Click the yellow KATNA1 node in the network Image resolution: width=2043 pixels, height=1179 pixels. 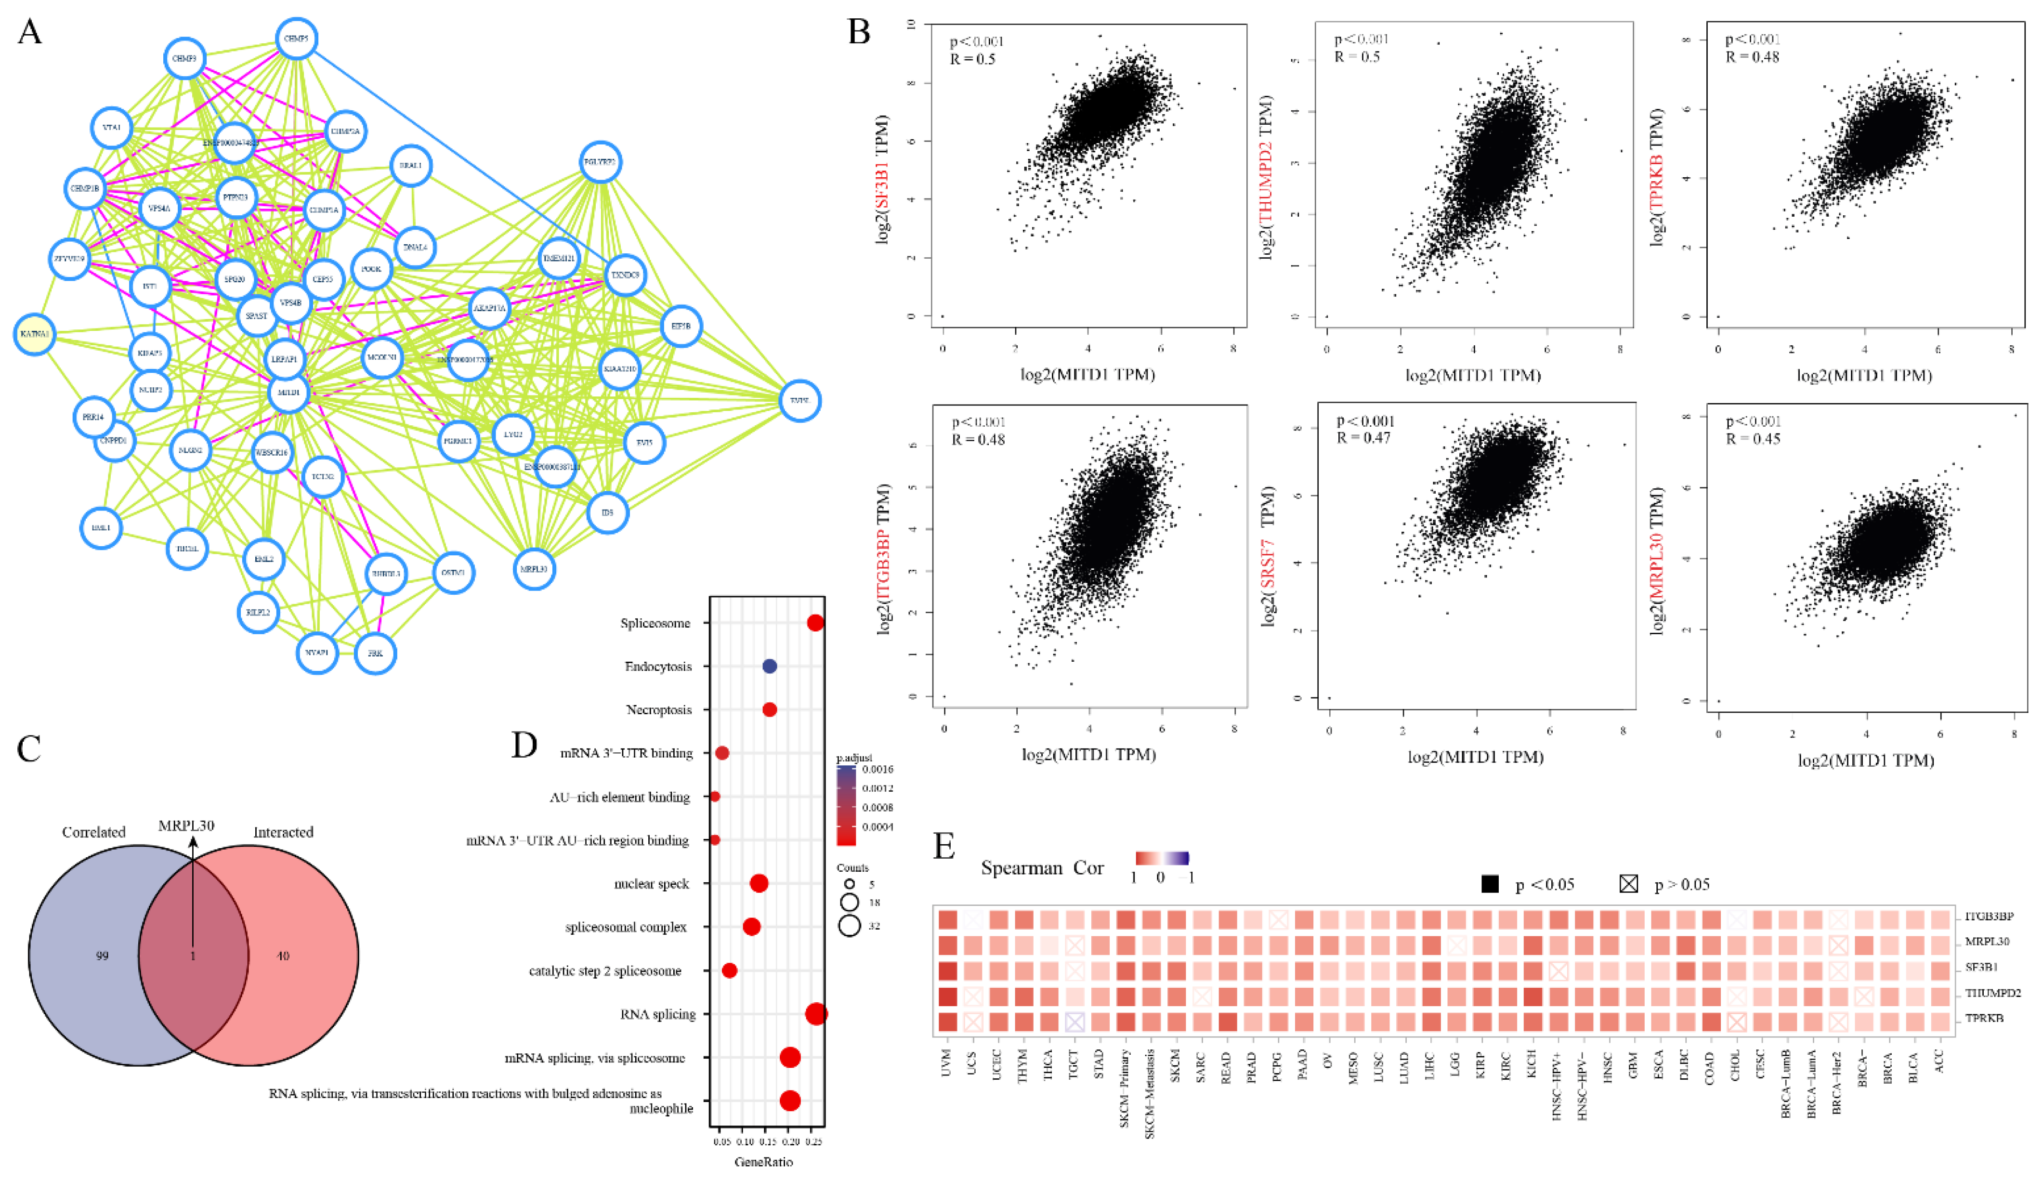click(34, 334)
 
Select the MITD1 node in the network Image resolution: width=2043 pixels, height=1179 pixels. click(288, 393)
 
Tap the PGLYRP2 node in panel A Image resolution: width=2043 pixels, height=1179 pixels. click(600, 162)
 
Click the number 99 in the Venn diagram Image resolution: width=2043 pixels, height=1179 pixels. click(102, 956)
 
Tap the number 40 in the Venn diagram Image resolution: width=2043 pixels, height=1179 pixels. click(283, 956)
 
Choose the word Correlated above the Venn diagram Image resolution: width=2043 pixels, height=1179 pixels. click(94, 832)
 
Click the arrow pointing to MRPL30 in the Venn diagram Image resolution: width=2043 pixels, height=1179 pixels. click(193, 891)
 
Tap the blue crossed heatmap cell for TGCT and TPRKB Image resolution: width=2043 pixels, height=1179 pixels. click(1074, 1022)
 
